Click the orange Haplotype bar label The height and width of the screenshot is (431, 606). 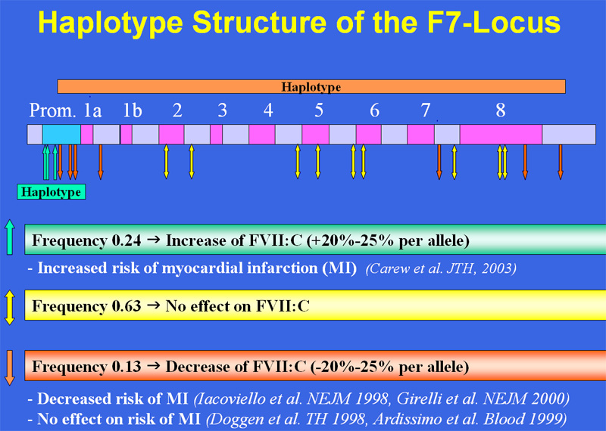click(x=311, y=87)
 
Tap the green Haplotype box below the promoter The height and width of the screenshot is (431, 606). click(x=51, y=192)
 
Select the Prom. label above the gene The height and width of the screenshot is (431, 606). click(x=52, y=110)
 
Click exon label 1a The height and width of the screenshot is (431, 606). click(x=92, y=110)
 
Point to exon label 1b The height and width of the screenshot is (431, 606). click(x=132, y=110)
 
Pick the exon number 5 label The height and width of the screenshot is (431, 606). click(x=318, y=110)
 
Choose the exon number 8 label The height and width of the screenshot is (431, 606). click(x=501, y=110)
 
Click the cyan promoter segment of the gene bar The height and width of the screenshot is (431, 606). click(x=61, y=135)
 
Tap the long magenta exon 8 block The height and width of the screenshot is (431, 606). click(x=501, y=135)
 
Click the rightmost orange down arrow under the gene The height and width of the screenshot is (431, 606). click(x=561, y=162)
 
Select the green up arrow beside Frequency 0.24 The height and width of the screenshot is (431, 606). click(x=10, y=237)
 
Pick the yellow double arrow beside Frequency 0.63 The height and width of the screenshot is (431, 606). click(x=10, y=308)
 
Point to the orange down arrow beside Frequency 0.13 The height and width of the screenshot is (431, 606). click(x=10, y=368)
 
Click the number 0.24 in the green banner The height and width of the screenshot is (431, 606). click(x=127, y=240)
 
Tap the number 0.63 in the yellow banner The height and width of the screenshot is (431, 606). click(x=127, y=306)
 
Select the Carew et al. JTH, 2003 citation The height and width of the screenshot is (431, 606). click(x=441, y=268)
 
